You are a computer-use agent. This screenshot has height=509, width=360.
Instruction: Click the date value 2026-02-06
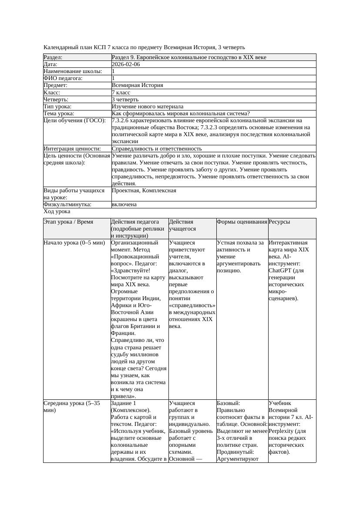click(126, 64)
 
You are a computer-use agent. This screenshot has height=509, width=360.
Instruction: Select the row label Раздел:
click(53, 57)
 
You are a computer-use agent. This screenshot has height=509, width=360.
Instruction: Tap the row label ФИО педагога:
click(63, 78)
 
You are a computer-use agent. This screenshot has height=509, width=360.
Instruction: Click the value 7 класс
click(121, 92)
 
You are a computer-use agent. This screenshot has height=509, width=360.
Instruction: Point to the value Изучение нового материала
click(147, 107)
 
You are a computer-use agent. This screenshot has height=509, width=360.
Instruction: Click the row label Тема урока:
click(59, 114)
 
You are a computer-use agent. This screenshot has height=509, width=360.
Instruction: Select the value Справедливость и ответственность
click(157, 149)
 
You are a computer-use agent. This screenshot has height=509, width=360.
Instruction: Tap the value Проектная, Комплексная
click(144, 191)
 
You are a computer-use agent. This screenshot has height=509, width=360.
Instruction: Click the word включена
click(124, 204)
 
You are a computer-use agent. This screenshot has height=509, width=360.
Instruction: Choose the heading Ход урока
click(57, 211)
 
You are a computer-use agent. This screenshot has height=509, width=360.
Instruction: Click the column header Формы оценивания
click(242, 222)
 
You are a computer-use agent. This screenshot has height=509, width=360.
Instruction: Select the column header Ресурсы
click(279, 222)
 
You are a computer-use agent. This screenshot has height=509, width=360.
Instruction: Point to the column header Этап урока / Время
click(68, 222)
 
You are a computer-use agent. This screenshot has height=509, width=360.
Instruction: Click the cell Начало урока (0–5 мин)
click(72, 243)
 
